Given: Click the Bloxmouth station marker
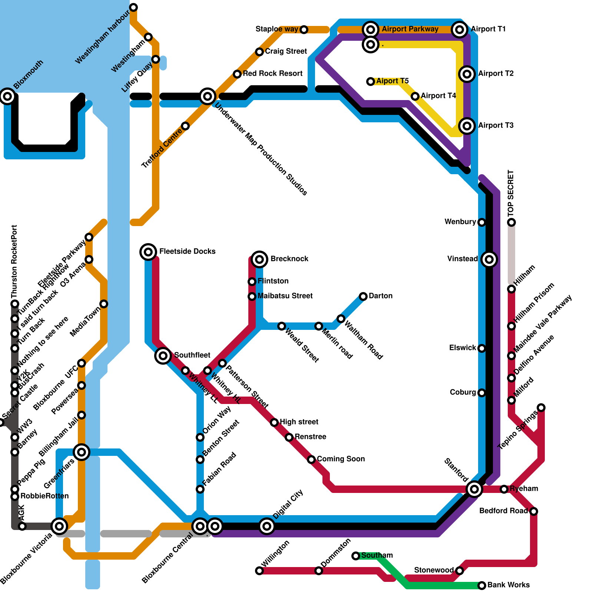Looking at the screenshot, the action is coord(7,96).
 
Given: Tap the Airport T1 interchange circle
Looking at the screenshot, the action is coord(460,29).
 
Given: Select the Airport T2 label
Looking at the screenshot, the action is coord(496,74).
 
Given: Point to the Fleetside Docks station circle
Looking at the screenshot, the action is coord(148,252).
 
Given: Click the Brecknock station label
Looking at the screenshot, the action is coord(289,259).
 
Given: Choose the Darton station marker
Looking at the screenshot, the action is coord(363,296).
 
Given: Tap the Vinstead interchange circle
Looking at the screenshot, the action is coord(489,259).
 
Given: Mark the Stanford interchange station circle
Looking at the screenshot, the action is coord(474,489).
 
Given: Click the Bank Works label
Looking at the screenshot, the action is coord(508,585).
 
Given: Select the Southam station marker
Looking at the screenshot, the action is coord(356,556).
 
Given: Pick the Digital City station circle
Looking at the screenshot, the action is coord(267,526).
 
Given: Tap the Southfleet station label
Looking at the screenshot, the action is coord(192,355).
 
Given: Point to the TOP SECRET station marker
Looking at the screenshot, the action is coord(511,222).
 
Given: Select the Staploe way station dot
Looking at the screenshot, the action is coord(304,30).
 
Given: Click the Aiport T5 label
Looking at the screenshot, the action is coord(392,81).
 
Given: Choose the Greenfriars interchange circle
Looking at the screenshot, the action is coord(82,452).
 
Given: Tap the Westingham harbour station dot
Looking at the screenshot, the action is coord(133,7).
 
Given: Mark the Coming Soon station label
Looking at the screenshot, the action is coord(341,459).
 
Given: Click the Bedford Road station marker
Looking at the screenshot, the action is coord(534,511).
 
